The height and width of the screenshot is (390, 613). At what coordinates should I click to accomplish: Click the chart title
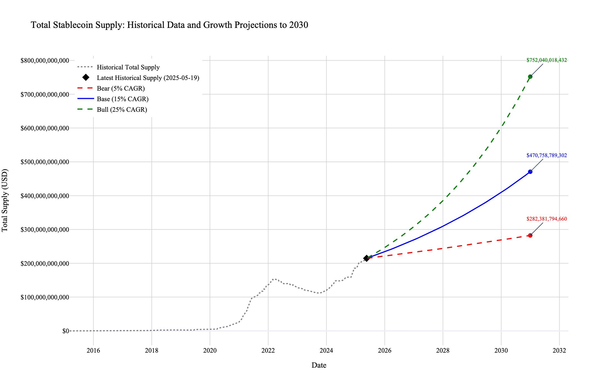pos(169,25)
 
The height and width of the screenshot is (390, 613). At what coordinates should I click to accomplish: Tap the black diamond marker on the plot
pos(366,258)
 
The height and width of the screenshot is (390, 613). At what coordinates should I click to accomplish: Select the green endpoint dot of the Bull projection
pos(530,77)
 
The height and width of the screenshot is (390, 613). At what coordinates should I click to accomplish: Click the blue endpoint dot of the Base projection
pos(530,172)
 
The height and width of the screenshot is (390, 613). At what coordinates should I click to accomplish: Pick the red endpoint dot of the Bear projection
pos(530,235)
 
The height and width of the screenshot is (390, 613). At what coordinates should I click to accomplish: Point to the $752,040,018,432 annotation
pos(546,60)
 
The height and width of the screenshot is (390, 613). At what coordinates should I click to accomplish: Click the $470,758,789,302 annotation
pos(546,156)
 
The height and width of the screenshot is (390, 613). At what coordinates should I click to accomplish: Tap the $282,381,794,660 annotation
pos(546,219)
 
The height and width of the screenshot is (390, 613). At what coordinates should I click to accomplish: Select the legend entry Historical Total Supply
pos(128,67)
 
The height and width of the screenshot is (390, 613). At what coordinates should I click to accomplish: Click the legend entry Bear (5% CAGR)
pos(120,89)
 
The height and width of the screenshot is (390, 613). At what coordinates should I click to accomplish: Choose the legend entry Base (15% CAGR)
pos(122,99)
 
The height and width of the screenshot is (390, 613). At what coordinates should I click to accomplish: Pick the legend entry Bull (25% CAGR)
pos(122,110)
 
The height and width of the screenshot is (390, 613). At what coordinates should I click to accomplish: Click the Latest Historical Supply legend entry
pos(148,78)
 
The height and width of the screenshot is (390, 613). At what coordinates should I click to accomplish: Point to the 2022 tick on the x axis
pos(268,350)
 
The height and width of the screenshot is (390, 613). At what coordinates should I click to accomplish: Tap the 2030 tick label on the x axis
pos(501,350)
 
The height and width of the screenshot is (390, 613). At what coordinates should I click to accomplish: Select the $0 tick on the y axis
pos(65,331)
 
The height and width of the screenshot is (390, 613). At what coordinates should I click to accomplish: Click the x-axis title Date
pos(319,365)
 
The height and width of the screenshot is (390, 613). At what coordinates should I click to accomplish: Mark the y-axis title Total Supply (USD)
pos(5,200)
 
